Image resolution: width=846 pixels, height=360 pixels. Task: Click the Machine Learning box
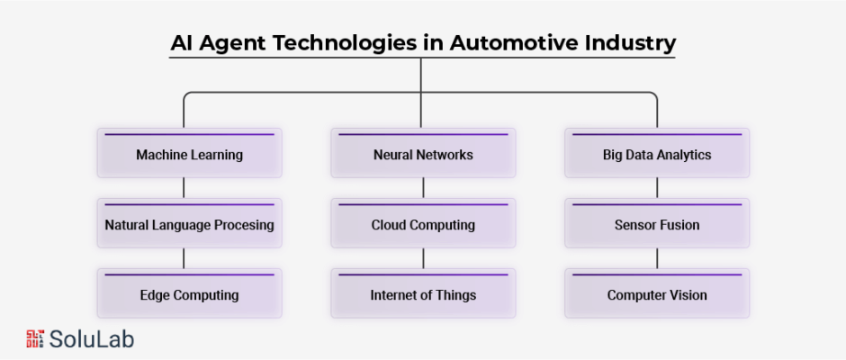pos(189,153)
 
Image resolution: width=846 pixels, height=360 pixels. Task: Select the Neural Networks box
pos(423,153)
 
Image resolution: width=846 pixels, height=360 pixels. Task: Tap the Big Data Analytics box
pos(657,153)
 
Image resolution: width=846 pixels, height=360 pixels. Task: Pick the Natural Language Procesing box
pos(189,223)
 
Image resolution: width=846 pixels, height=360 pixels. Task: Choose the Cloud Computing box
pos(423,223)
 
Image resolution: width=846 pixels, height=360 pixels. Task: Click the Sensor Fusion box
pos(657,223)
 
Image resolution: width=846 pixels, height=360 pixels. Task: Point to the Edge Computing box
pos(189,293)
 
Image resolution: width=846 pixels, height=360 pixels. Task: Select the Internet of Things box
pos(423,293)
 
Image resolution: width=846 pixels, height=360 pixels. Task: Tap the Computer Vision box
pos(657,293)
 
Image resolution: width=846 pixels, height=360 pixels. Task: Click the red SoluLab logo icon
pos(35,338)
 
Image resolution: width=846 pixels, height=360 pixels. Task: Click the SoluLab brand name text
pos(91,339)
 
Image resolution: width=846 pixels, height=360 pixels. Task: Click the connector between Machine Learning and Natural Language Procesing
pos(184,188)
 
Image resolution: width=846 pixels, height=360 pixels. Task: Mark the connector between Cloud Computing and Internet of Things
pos(423,258)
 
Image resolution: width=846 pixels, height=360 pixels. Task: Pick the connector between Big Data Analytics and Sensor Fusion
pos(657,188)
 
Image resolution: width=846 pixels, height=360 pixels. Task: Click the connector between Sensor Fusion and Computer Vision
pos(657,258)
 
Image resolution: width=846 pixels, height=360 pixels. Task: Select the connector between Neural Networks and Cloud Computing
pos(423,188)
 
